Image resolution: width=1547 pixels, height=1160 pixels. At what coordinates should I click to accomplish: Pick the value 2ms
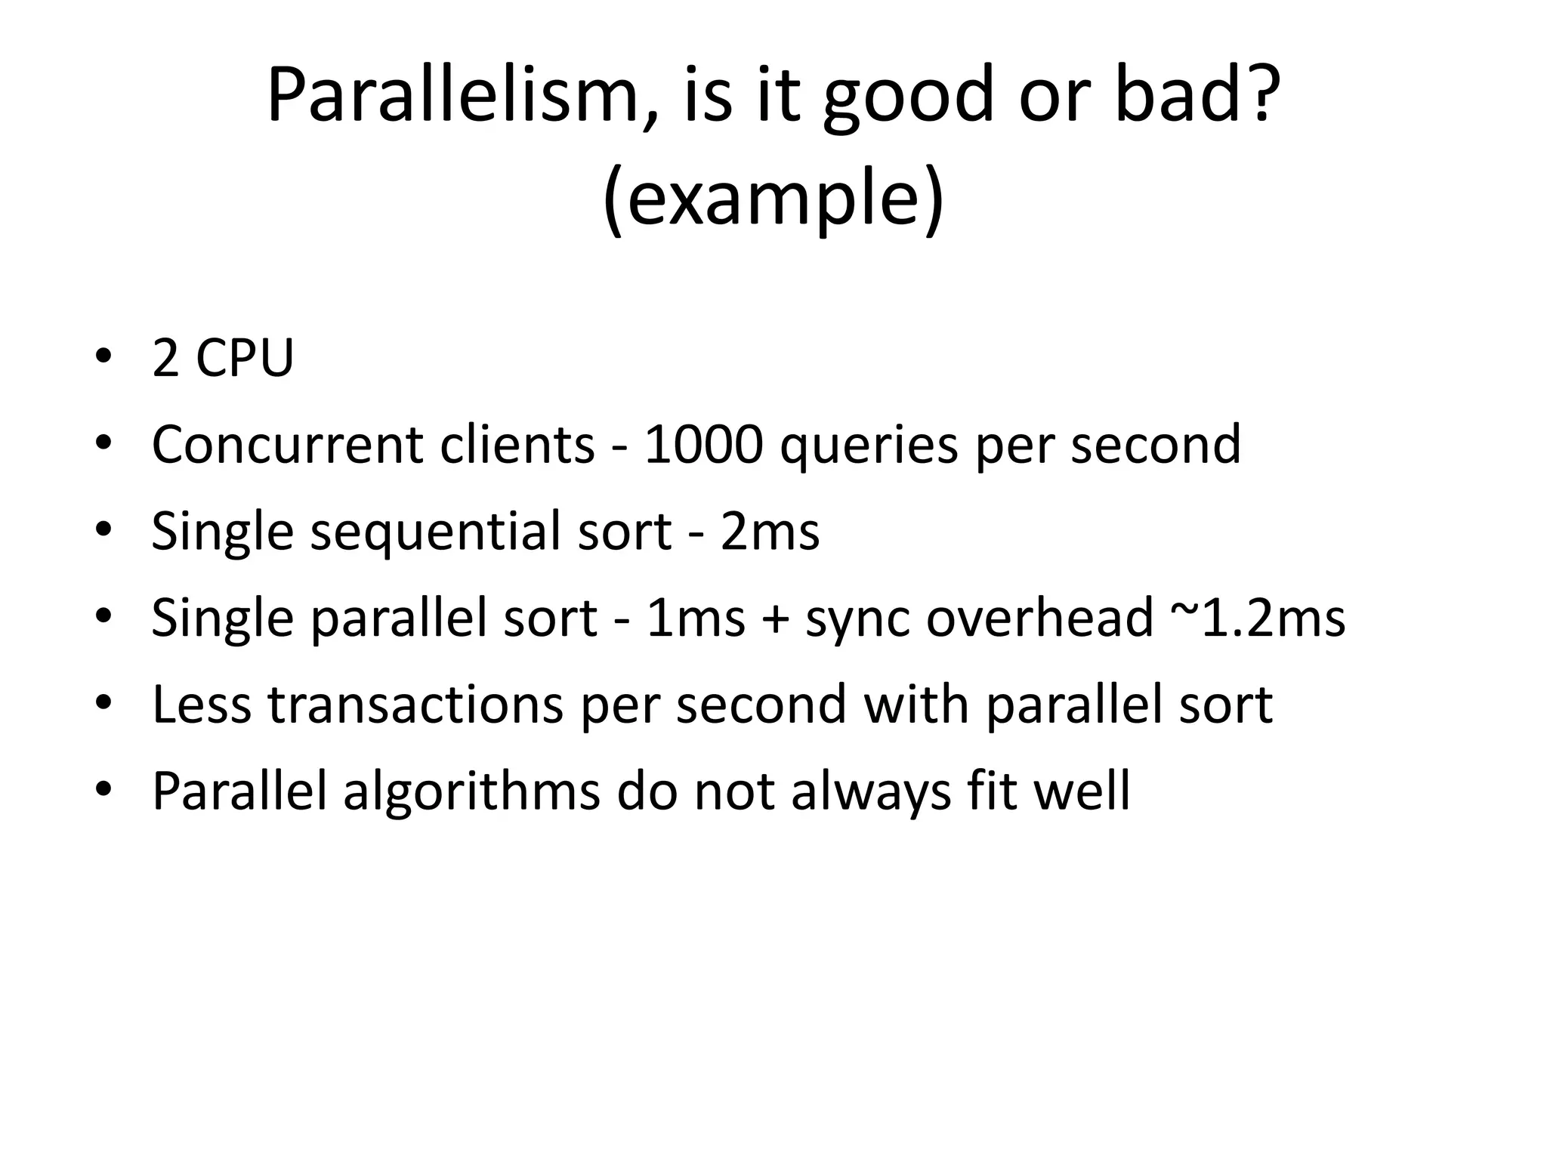coord(770,532)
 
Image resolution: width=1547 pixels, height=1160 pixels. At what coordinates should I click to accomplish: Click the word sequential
coord(434,533)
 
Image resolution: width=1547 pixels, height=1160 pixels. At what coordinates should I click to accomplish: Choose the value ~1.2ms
coord(1258,619)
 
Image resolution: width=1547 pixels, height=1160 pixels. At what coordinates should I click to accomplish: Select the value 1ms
coord(696,619)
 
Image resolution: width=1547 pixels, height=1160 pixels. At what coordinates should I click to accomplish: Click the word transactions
coord(415,705)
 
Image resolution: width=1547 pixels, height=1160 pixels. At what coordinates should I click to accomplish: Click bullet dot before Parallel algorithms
coord(103,790)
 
